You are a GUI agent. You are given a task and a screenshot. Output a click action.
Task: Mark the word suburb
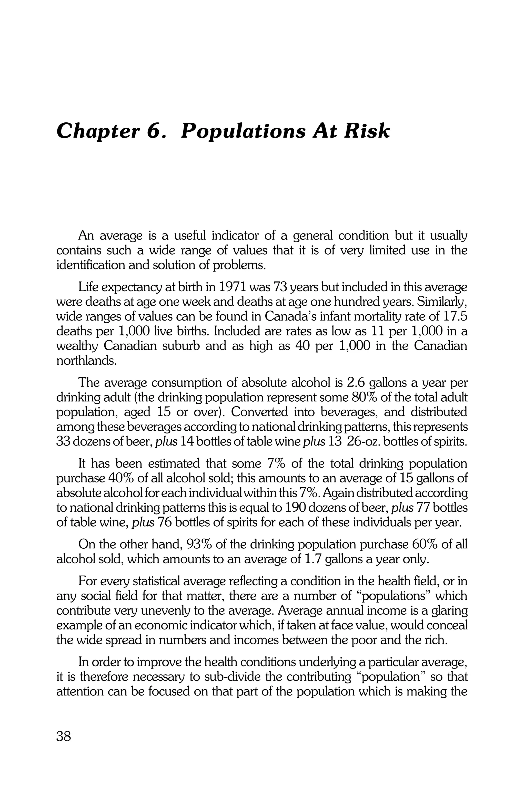tap(181, 346)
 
